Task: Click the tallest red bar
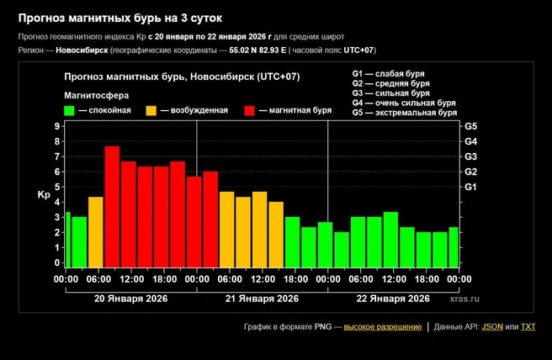point(112,207)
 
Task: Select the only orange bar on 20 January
point(96,232)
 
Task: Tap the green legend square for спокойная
point(69,110)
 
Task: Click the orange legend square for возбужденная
point(151,110)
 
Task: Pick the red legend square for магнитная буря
point(250,110)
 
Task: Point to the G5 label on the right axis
point(470,126)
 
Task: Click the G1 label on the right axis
point(470,187)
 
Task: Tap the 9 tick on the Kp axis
point(57,126)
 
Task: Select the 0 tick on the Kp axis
point(57,262)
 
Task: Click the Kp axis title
point(44,194)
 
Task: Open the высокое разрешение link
point(383,327)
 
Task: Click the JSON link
point(492,327)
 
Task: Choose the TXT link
point(528,327)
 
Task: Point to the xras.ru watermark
point(464,299)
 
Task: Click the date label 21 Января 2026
point(262,299)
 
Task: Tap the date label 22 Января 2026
point(393,299)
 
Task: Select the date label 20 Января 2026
point(131,299)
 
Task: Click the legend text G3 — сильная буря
point(390,93)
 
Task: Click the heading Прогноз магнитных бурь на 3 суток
point(120,19)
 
